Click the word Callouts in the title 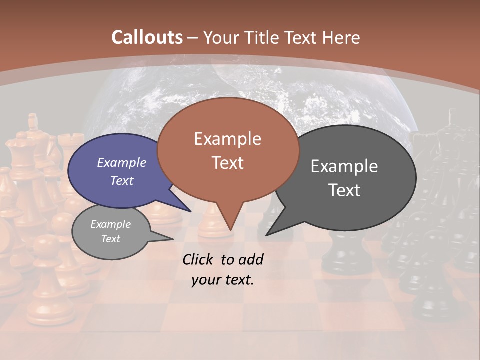pyautogui.click(x=147, y=37)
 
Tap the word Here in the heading pyautogui.click(x=339, y=37)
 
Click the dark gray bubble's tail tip pyautogui.click(x=266, y=235)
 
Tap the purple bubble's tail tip pyautogui.click(x=190, y=211)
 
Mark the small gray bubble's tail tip pyautogui.click(x=173, y=239)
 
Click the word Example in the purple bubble pyautogui.click(x=122, y=162)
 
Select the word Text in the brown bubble pyautogui.click(x=228, y=163)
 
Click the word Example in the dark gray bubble pyautogui.click(x=344, y=166)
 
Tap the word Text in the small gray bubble pyautogui.click(x=111, y=239)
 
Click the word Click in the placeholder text pyautogui.click(x=198, y=259)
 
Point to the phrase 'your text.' pyautogui.click(x=223, y=280)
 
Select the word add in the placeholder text pyautogui.click(x=251, y=259)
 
